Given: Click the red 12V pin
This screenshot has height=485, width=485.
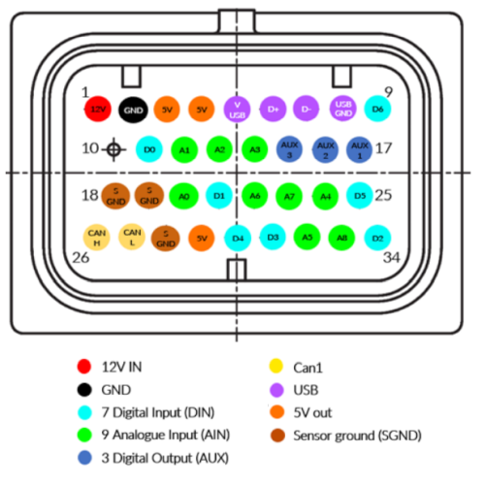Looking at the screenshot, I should click(x=98, y=111).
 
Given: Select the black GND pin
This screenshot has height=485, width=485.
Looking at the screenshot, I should click(x=132, y=111).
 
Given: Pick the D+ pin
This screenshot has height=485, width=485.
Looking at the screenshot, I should click(x=273, y=109).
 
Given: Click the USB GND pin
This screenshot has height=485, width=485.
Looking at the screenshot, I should click(x=342, y=107).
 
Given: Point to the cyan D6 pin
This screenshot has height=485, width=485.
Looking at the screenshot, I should click(x=376, y=110).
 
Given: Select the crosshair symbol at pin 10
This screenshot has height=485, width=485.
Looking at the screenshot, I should click(x=114, y=150).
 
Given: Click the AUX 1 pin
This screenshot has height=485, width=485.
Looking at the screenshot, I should click(x=360, y=150).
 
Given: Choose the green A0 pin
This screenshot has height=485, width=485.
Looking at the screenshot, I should click(x=183, y=196).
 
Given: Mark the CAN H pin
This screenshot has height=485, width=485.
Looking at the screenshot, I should click(x=96, y=236).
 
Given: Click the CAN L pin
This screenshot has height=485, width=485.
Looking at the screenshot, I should click(x=132, y=236).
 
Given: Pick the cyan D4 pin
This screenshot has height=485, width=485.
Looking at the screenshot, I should click(x=237, y=237).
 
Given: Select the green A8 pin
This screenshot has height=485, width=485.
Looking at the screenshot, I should click(x=342, y=237).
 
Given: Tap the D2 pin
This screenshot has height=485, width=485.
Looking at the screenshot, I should click(x=377, y=237).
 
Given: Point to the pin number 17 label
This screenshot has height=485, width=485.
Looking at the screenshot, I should click(x=383, y=149).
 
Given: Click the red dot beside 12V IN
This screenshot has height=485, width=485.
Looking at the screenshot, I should click(x=83, y=366).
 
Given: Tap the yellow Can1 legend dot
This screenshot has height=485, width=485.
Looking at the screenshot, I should click(x=275, y=367).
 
